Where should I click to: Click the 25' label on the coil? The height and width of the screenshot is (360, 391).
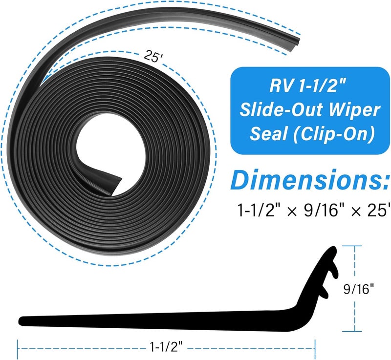(153, 56)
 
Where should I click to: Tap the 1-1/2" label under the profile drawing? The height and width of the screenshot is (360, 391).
(166, 347)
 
